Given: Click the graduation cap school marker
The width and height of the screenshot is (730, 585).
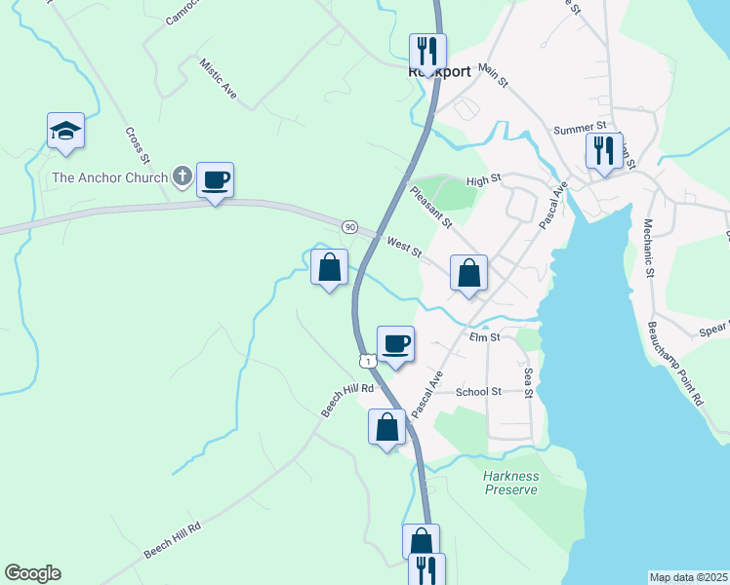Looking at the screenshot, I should click(x=65, y=131).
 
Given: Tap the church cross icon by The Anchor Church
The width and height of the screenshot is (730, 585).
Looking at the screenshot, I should click(x=182, y=176).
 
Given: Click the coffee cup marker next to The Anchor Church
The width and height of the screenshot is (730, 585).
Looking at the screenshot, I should click(x=215, y=180).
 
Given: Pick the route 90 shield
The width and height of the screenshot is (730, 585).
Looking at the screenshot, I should click(x=349, y=226).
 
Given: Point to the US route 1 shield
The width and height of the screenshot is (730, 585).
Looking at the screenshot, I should click(x=366, y=361).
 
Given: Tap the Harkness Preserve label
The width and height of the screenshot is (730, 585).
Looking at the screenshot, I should click(x=510, y=483).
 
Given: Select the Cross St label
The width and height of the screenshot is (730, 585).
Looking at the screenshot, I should click(x=138, y=145).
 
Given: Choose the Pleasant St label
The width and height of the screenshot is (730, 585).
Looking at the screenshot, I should click(x=430, y=208).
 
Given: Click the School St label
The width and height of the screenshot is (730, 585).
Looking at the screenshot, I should click(x=478, y=391).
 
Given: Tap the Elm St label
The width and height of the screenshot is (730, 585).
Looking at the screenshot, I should click(x=484, y=337).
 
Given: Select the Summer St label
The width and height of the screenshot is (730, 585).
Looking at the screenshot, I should click(x=580, y=128).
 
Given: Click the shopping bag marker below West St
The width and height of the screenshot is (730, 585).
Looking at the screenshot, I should click(x=468, y=273).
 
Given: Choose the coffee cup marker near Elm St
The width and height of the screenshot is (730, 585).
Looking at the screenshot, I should click(x=395, y=343).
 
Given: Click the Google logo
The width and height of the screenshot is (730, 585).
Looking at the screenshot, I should click(x=32, y=573).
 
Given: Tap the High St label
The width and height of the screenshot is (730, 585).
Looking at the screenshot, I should click(x=483, y=179).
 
